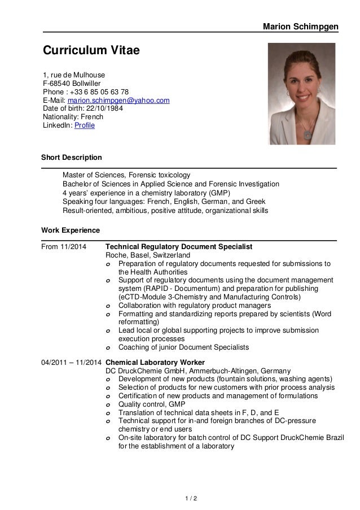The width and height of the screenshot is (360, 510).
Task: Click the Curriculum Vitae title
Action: (x=91, y=52)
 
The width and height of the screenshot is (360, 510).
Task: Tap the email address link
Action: (x=118, y=101)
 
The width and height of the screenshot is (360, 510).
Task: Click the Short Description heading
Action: (x=72, y=157)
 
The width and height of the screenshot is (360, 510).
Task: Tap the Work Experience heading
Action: (x=71, y=230)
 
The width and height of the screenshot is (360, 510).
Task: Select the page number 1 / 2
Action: (x=180, y=499)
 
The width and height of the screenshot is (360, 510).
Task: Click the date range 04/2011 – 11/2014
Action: (x=72, y=362)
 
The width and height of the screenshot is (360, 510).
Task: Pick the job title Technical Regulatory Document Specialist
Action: (x=179, y=247)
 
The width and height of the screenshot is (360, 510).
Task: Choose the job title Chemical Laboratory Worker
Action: (x=155, y=362)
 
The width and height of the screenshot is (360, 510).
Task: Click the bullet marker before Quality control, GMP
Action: (x=108, y=404)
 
